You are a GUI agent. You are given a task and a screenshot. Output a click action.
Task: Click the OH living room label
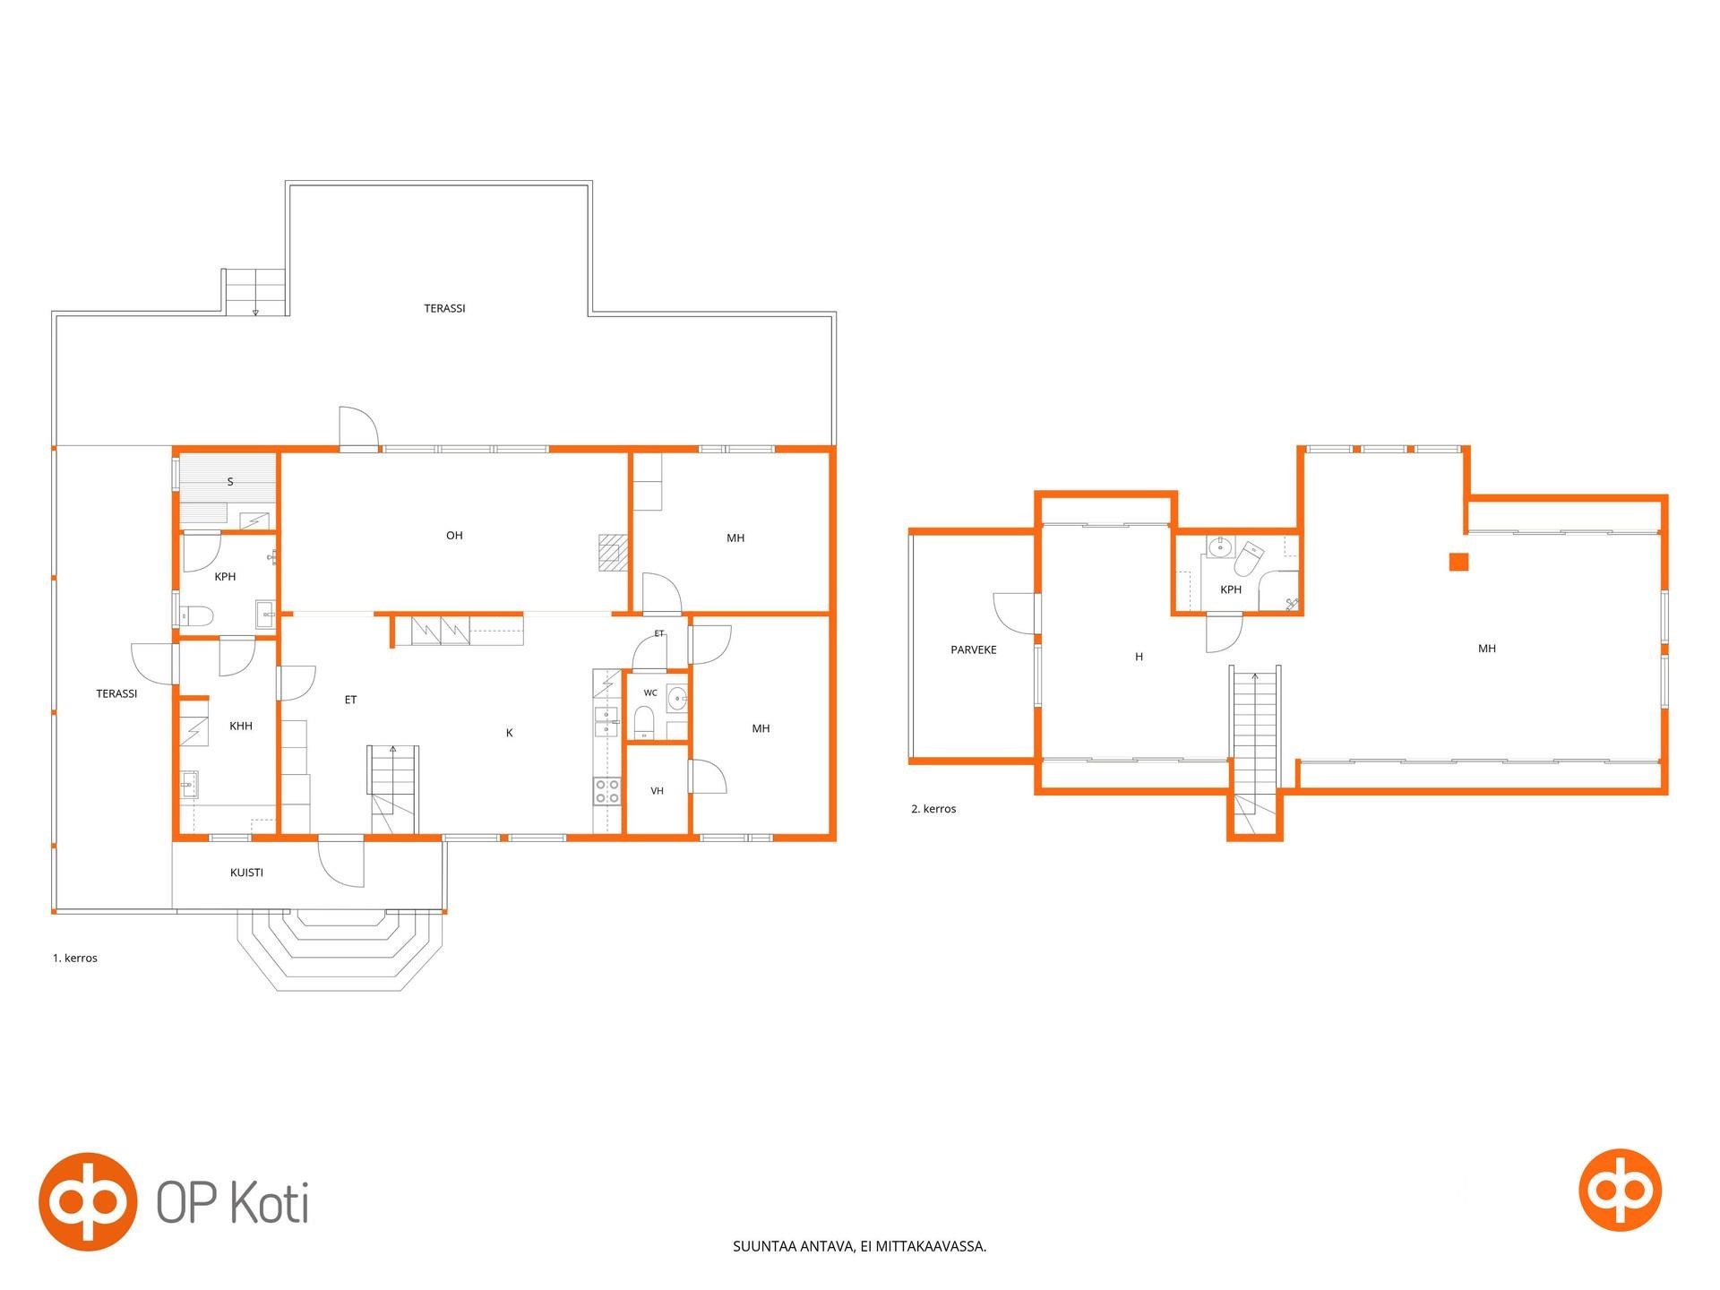(454, 536)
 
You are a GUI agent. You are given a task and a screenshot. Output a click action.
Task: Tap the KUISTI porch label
(246, 873)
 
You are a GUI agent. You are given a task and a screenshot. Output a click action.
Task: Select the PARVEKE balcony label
(974, 649)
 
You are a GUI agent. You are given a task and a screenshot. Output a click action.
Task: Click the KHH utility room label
(241, 727)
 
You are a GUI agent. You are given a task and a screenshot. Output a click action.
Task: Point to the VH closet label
(657, 791)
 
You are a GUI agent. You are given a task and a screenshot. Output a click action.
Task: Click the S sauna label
(230, 482)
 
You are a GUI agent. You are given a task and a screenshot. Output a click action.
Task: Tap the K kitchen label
(510, 733)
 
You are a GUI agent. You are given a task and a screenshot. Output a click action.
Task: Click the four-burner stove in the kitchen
(606, 791)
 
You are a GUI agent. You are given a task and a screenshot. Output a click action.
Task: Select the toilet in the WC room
(644, 721)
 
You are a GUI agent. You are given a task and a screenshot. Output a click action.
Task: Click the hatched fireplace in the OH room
(611, 552)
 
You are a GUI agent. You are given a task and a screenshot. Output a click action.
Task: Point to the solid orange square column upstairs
(1459, 562)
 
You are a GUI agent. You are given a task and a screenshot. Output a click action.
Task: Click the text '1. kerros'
(75, 958)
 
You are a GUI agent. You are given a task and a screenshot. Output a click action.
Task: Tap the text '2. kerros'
(933, 809)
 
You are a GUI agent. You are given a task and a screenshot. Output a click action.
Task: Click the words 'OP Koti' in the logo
(233, 1202)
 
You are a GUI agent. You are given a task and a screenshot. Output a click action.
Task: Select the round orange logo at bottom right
(1620, 1190)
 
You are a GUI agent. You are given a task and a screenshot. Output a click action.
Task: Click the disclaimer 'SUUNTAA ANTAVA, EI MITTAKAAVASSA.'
(860, 1246)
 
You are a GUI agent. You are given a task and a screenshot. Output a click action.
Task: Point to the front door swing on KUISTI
(341, 861)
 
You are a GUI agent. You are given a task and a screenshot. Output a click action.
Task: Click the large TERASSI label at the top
(444, 308)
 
